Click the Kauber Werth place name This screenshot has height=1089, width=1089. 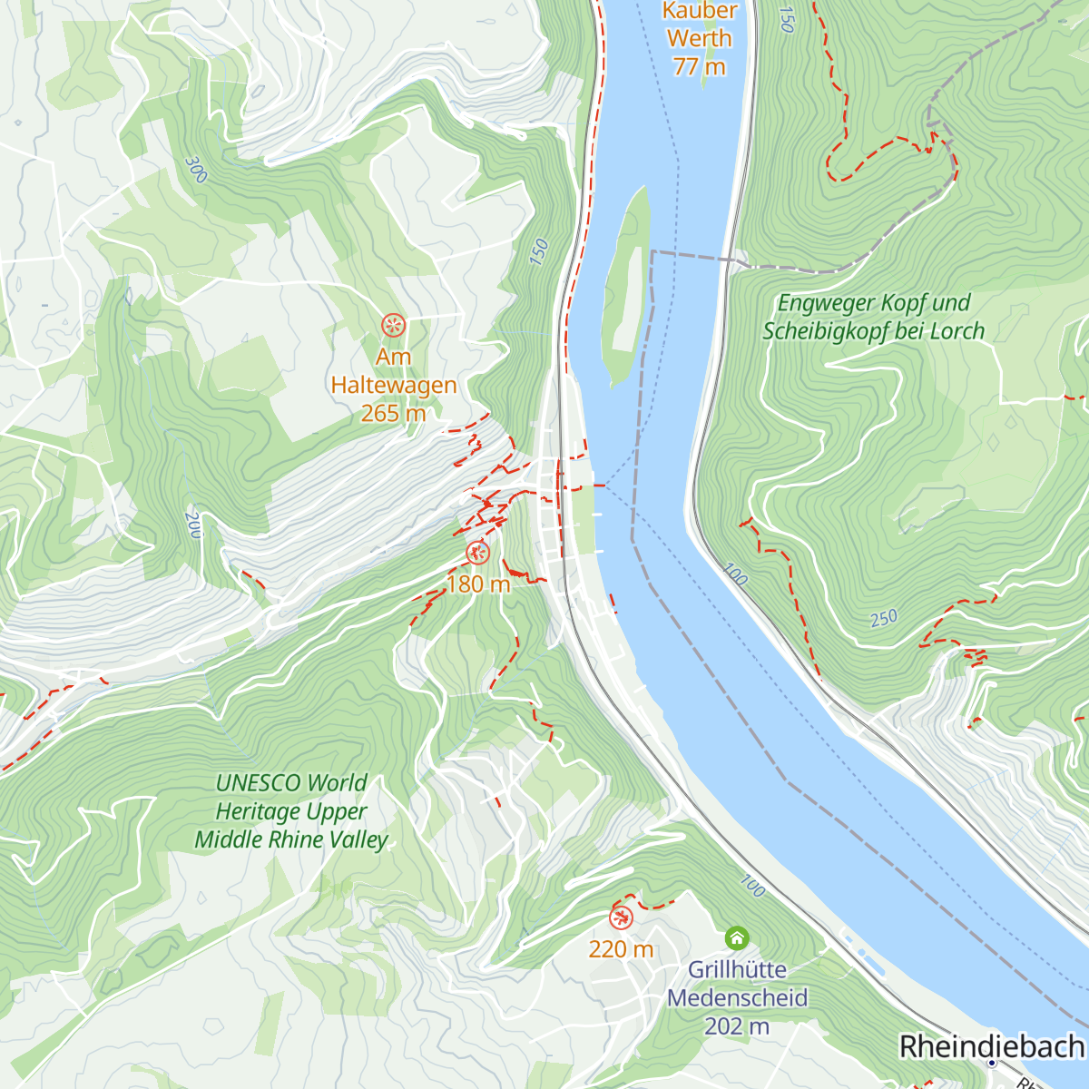tap(699, 25)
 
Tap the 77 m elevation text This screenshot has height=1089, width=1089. tap(699, 66)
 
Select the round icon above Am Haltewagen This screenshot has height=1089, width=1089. tap(393, 325)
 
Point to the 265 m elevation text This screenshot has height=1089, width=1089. tap(393, 414)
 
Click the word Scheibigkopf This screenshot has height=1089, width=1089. tap(826, 331)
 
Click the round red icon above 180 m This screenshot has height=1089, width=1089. tap(477, 552)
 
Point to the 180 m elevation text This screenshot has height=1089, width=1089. tap(478, 584)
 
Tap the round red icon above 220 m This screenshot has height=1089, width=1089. tap(621, 917)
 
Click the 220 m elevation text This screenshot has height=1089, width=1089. tap(621, 949)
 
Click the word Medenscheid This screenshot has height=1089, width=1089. tap(737, 998)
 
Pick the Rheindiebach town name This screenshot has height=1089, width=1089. tap(991, 1045)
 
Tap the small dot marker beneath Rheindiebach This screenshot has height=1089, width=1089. tap(992, 1063)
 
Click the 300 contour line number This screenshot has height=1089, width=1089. tap(195, 170)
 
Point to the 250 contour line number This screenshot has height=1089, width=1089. tap(883, 619)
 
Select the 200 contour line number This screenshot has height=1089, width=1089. tap(192, 525)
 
